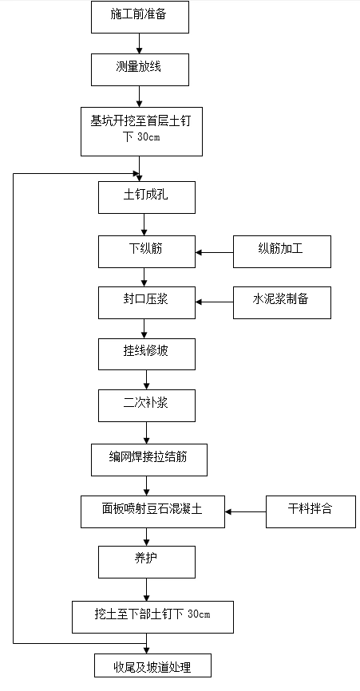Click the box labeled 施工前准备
(140, 17)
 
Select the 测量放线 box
(140, 69)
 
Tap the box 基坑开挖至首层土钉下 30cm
(140, 130)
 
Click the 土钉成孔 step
(146, 197)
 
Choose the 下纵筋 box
(146, 251)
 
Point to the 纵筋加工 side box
(282, 251)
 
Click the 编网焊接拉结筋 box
(149, 459)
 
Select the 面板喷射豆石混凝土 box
(153, 511)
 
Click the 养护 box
(146, 562)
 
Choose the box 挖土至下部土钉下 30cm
(153, 616)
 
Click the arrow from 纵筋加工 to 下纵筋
(214, 252)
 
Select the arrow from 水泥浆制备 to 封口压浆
(214, 302)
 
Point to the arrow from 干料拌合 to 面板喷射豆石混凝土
(246, 511)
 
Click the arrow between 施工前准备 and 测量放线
(140, 43)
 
